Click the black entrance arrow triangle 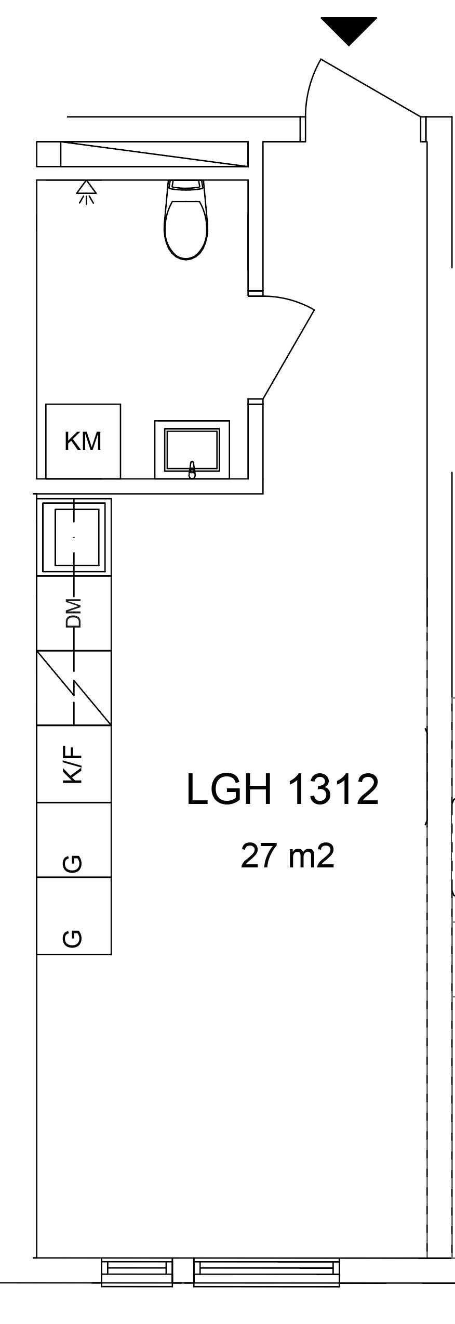point(349,30)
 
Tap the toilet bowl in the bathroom point(186,229)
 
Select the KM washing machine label point(83,440)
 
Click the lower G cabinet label point(72,938)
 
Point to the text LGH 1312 point(283,789)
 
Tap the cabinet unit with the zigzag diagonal point(74,687)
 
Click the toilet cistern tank point(186,185)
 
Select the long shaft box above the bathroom point(142,154)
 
